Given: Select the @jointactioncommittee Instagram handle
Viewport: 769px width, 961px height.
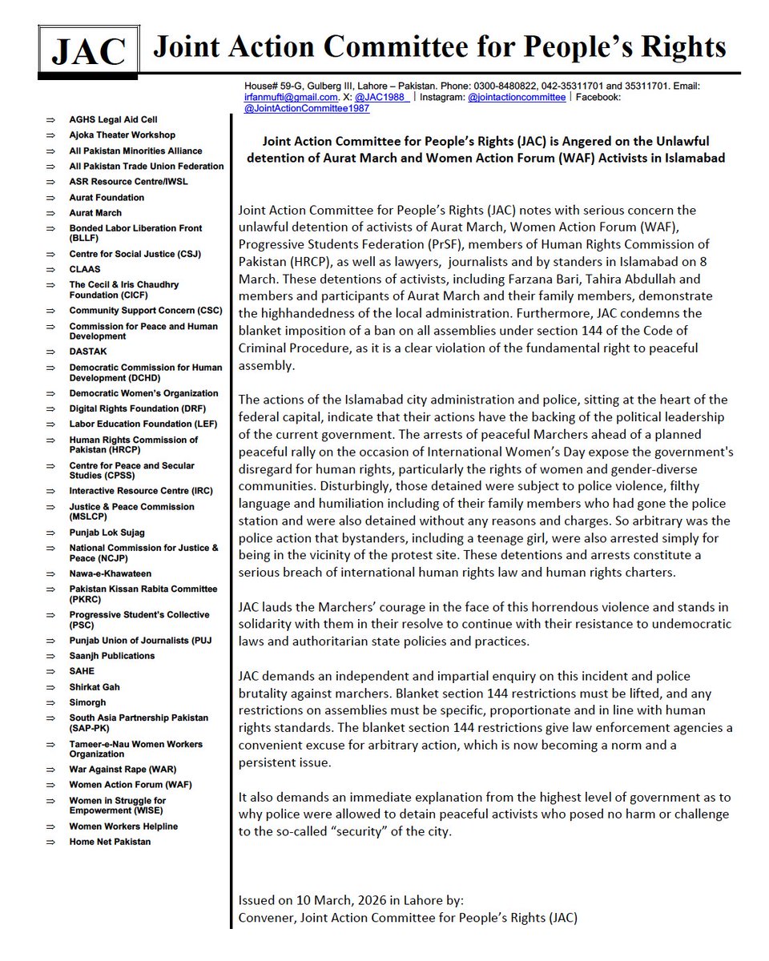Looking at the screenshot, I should [x=517, y=97].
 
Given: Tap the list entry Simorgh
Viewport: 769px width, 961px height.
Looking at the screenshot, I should [x=88, y=702].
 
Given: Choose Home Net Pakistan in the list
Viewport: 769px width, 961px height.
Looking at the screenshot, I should [x=110, y=842].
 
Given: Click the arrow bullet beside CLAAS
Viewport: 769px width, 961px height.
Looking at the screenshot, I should [x=50, y=269].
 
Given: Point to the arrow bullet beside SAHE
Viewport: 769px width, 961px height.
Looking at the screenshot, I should [x=50, y=671].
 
